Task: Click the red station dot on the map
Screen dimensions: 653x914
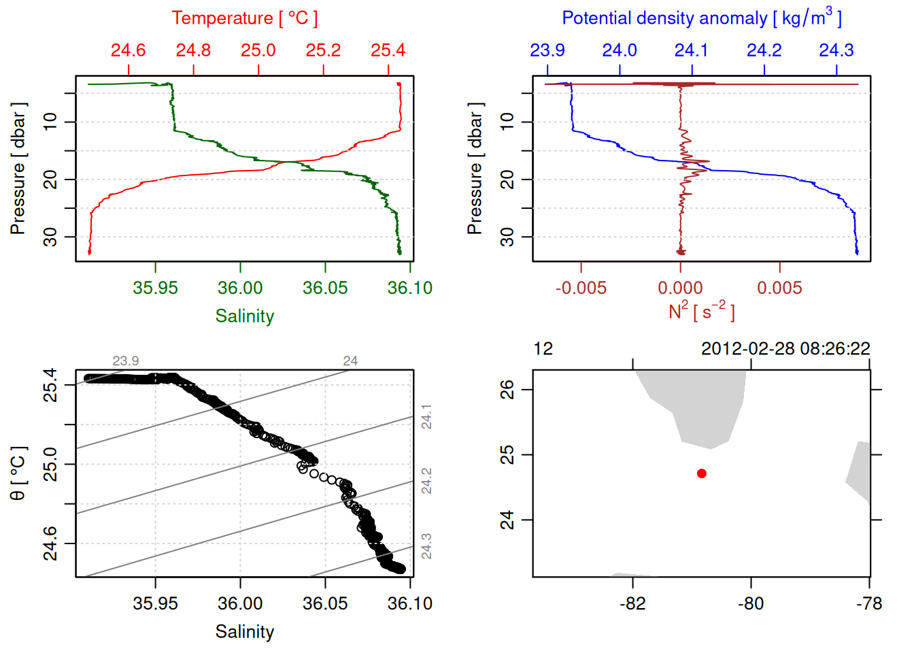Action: [701, 473]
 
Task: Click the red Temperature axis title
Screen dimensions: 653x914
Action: [244, 18]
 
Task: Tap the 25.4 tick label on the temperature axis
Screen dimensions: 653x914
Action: [388, 50]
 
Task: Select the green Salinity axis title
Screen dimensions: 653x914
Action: [244, 316]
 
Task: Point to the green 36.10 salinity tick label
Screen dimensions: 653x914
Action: [409, 288]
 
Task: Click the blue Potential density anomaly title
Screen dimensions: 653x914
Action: [701, 18]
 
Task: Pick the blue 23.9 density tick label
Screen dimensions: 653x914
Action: [547, 50]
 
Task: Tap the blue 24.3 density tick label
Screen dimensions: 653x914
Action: [836, 50]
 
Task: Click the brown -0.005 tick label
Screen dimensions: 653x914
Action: [581, 288]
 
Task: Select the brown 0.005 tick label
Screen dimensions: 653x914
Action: [779, 288]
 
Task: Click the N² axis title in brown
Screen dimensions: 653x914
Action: [701, 312]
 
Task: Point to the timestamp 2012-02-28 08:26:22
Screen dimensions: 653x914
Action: [785, 349]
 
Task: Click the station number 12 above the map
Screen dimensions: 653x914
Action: [543, 349]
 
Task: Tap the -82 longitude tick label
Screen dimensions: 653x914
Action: [632, 603]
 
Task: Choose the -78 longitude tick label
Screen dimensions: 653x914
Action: [869, 603]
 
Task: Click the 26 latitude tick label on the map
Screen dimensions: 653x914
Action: [507, 390]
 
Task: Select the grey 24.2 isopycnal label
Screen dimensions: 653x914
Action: [426, 481]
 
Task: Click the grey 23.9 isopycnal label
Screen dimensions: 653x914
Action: [126, 361]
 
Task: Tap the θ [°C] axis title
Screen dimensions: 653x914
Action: [18, 473]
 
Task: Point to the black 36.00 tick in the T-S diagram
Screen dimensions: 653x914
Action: [240, 603]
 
